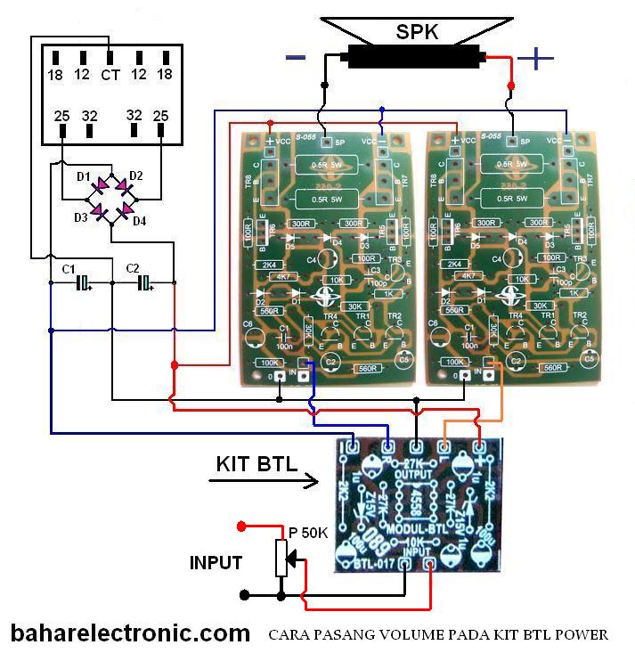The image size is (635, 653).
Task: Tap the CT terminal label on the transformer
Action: click(110, 76)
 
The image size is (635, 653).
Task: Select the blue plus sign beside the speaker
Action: click(535, 59)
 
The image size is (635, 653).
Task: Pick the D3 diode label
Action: click(81, 216)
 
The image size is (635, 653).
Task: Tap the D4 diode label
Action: click(139, 220)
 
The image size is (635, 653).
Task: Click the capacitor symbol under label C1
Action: click(83, 283)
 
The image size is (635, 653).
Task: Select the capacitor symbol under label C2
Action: click(143, 283)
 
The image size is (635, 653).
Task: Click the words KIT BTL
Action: click(256, 464)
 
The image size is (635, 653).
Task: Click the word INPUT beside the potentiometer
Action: click(216, 563)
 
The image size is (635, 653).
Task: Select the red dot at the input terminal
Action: click(241, 526)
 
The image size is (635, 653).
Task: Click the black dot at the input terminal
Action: click(244, 592)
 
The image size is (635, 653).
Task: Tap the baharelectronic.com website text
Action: click(130, 633)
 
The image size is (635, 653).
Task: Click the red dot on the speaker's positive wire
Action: click(511, 86)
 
